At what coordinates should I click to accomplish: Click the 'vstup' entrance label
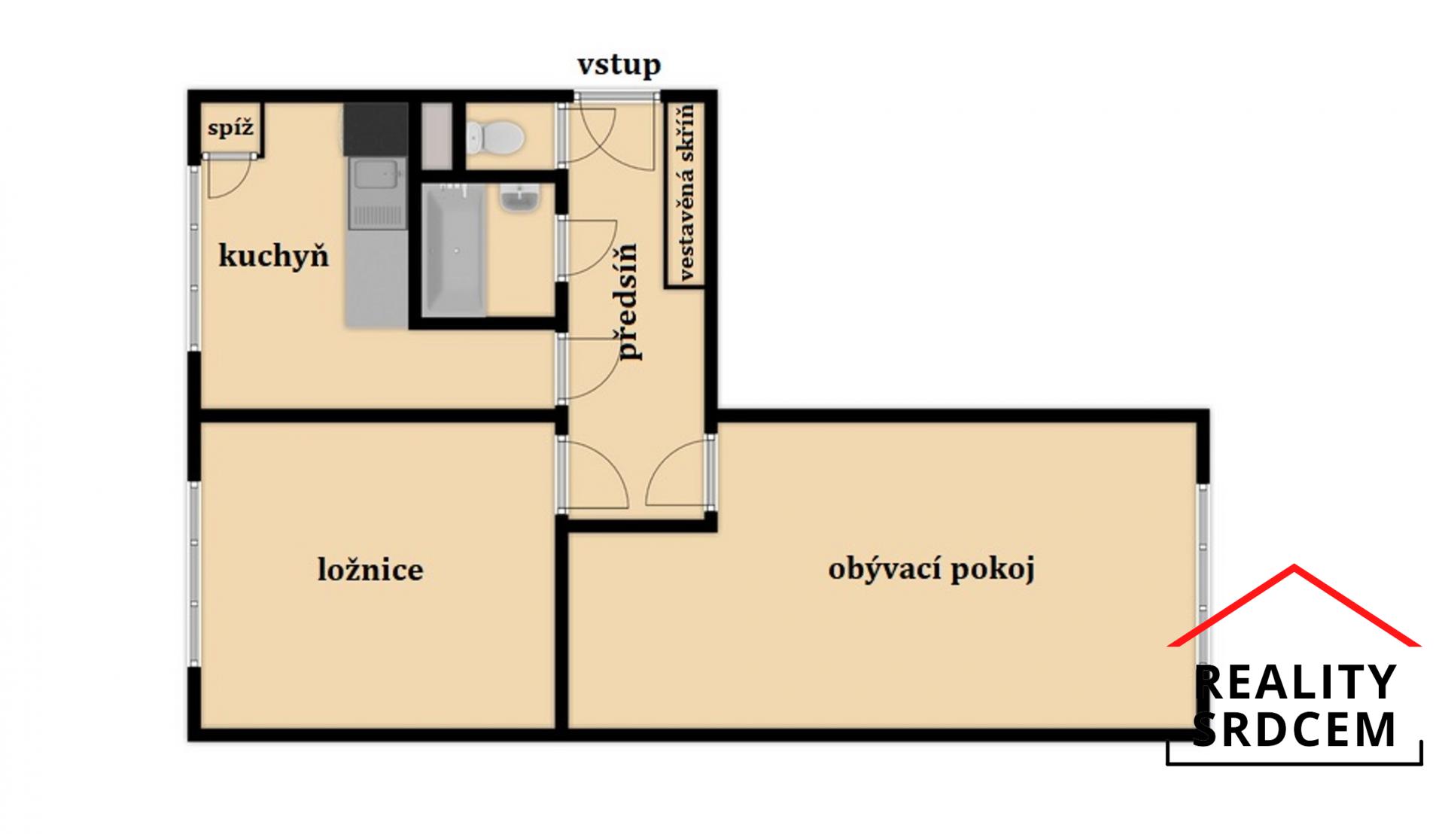[619, 66]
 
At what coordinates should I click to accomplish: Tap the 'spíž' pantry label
[230, 129]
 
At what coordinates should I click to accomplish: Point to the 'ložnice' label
[370, 570]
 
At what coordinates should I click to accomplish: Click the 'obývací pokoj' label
[932, 569]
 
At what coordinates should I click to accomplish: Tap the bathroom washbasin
[519, 199]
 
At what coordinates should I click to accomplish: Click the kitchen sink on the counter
[377, 175]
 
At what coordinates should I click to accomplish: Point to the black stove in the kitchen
[376, 129]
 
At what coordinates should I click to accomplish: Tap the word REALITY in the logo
[1295, 682]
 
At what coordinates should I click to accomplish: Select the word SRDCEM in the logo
[1294, 729]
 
